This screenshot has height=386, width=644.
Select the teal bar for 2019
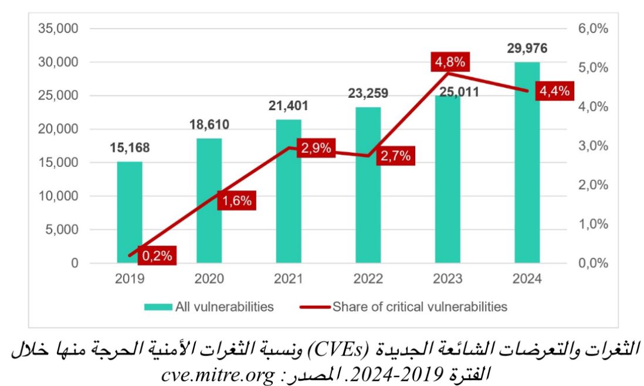click(x=130, y=212)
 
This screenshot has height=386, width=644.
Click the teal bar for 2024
click(x=527, y=162)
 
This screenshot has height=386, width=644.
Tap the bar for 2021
click(x=289, y=191)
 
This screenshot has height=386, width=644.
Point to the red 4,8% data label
click(x=450, y=62)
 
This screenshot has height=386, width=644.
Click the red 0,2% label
click(x=157, y=255)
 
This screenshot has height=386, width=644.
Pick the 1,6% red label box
click(x=236, y=200)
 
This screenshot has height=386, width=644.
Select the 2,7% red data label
click(x=395, y=156)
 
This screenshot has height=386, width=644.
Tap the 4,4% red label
click(x=554, y=91)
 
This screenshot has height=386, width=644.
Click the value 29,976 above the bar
click(x=527, y=49)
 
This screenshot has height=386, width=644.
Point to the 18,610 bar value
click(x=209, y=124)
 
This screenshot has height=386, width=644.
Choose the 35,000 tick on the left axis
click(x=58, y=29)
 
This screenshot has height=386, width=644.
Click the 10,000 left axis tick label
click(x=58, y=196)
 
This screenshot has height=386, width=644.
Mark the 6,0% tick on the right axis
click(x=593, y=29)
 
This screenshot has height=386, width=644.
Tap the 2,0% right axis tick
click(x=593, y=185)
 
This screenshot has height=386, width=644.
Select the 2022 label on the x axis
click(x=368, y=279)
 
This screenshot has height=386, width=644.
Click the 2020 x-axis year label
click(x=209, y=279)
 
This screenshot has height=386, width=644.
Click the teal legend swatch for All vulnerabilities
click(x=158, y=307)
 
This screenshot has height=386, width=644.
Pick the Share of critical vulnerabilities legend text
click(x=420, y=307)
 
